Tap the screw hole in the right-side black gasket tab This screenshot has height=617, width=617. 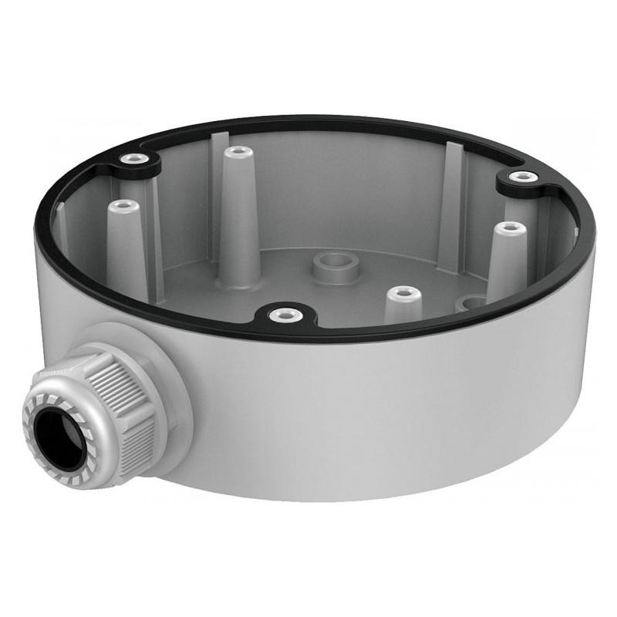(523, 177)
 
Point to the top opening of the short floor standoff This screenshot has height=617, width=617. (402, 294)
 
